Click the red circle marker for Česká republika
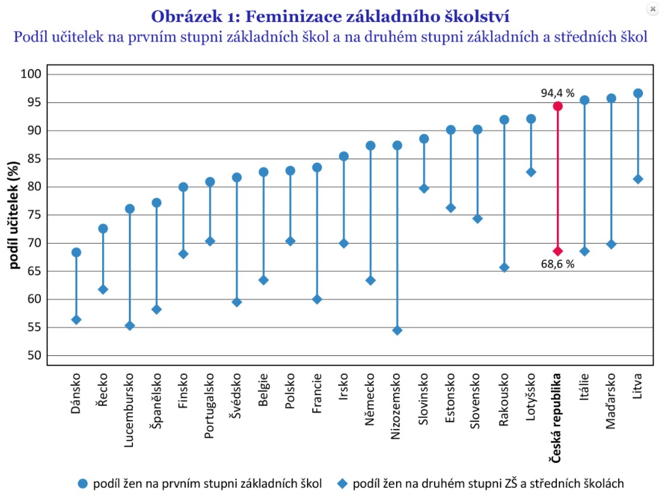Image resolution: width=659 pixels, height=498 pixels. [x=557, y=106]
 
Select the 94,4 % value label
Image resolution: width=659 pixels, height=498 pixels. [x=557, y=93]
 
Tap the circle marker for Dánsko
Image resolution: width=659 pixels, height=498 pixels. [x=76, y=253]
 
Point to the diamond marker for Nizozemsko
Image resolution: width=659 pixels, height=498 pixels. [x=397, y=330]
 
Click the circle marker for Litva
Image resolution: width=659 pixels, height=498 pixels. [x=638, y=93]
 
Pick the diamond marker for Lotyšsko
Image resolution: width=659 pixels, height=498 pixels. [x=531, y=172]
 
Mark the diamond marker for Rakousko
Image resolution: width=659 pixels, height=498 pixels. [x=504, y=267]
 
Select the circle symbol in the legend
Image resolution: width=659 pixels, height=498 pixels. [x=83, y=484]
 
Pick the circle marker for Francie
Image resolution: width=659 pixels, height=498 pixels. [x=317, y=168]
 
